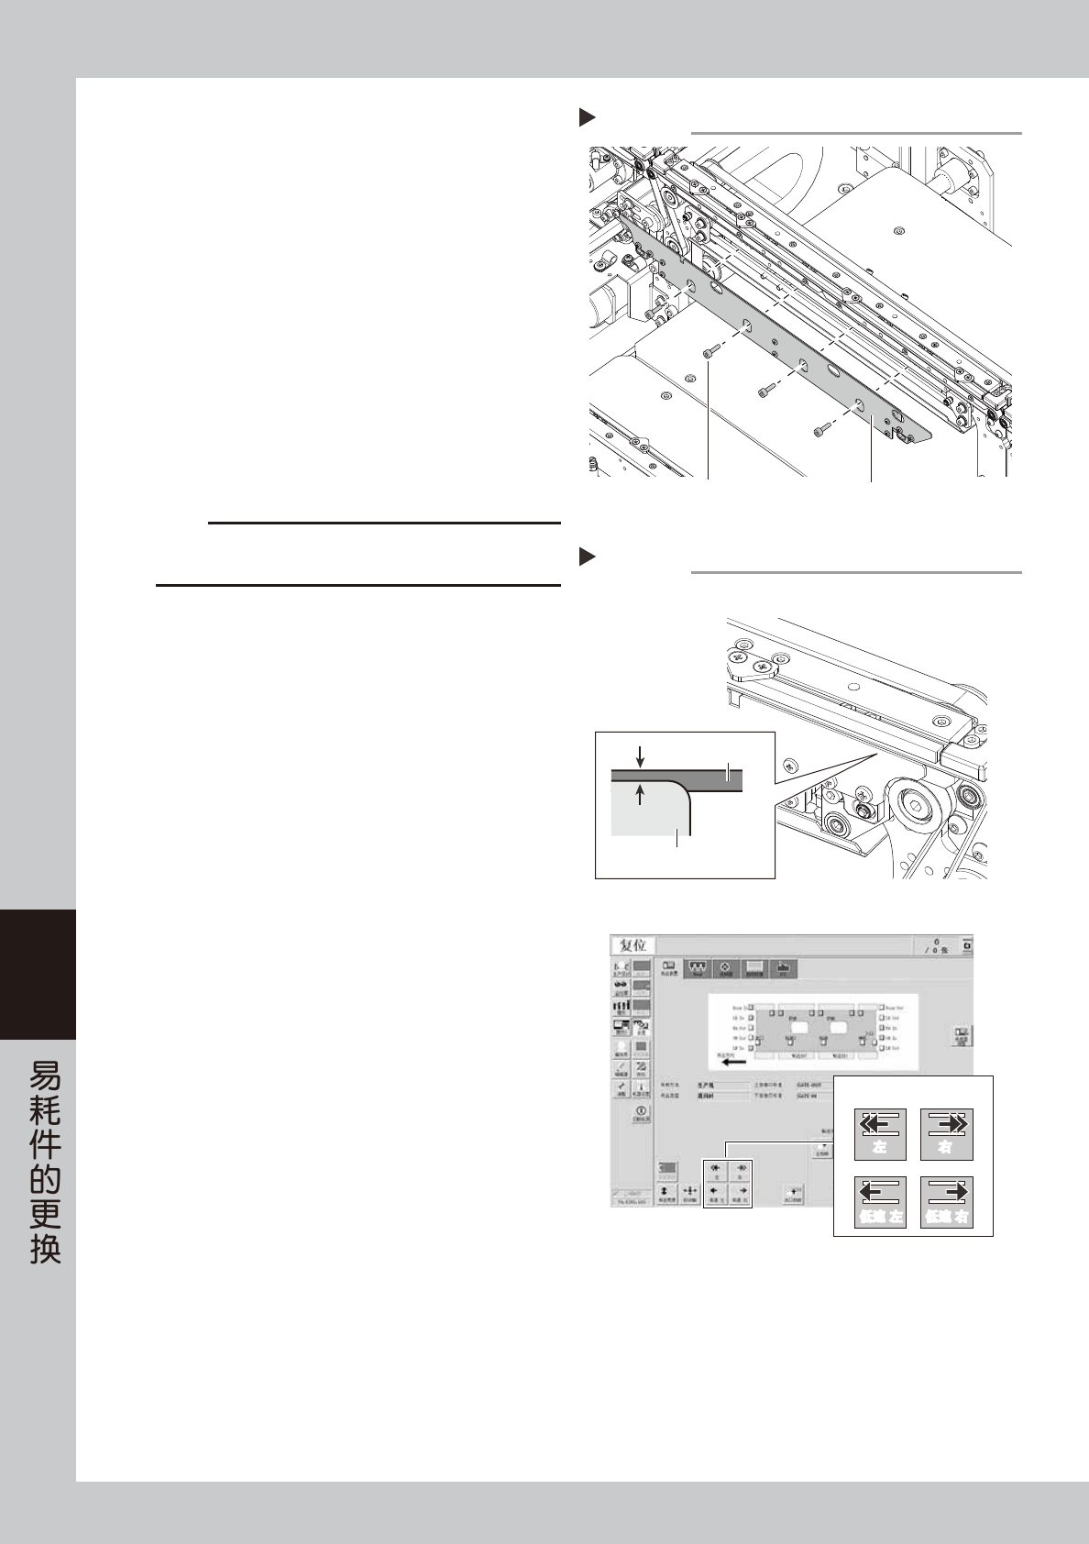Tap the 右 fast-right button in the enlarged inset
(x=946, y=1134)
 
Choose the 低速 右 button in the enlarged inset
(x=946, y=1201)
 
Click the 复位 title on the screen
(x=632, y=945)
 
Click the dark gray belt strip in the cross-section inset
(x=697, y=778)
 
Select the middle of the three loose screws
(x=764, y=392)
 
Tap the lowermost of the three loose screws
(x=819, y=428)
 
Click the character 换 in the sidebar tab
(x=45, y=1250)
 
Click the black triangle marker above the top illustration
(x=587, y=117)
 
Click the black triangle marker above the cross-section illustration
(x=587, y=557)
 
